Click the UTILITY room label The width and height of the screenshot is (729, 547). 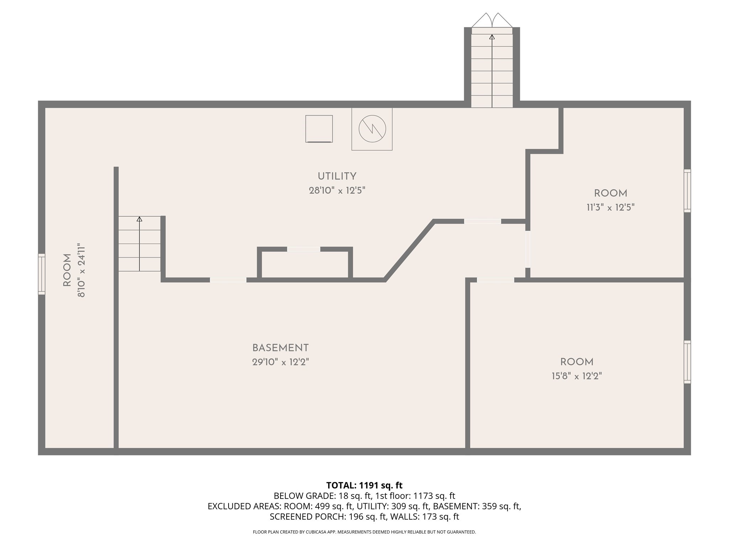click(337, 176)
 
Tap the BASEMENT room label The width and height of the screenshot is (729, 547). click(280, 348)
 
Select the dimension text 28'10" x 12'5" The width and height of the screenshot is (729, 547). click(337, 191)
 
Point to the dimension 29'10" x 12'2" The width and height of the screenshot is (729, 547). click(280, 362)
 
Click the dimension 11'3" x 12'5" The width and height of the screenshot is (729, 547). click(610, 207)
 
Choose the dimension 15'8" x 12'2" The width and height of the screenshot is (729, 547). click(577, 376)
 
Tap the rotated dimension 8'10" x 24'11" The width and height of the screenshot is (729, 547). click(82, 270)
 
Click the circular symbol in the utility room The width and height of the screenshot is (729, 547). click(372, 129)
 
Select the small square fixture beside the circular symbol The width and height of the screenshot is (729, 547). click(319, 129)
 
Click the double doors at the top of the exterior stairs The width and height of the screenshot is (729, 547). click(492, 21)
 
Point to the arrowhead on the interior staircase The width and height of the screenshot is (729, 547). click(140, 219)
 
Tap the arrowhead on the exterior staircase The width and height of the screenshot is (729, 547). click(492, 37)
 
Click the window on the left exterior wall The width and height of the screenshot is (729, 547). click(42, 274)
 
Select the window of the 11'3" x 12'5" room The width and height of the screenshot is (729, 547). click(687, 191)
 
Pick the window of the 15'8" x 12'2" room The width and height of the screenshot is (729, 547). click(687, 362)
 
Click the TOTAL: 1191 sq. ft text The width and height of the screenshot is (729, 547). click(364, 485)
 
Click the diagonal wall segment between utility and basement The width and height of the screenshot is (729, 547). click(409, 250)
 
